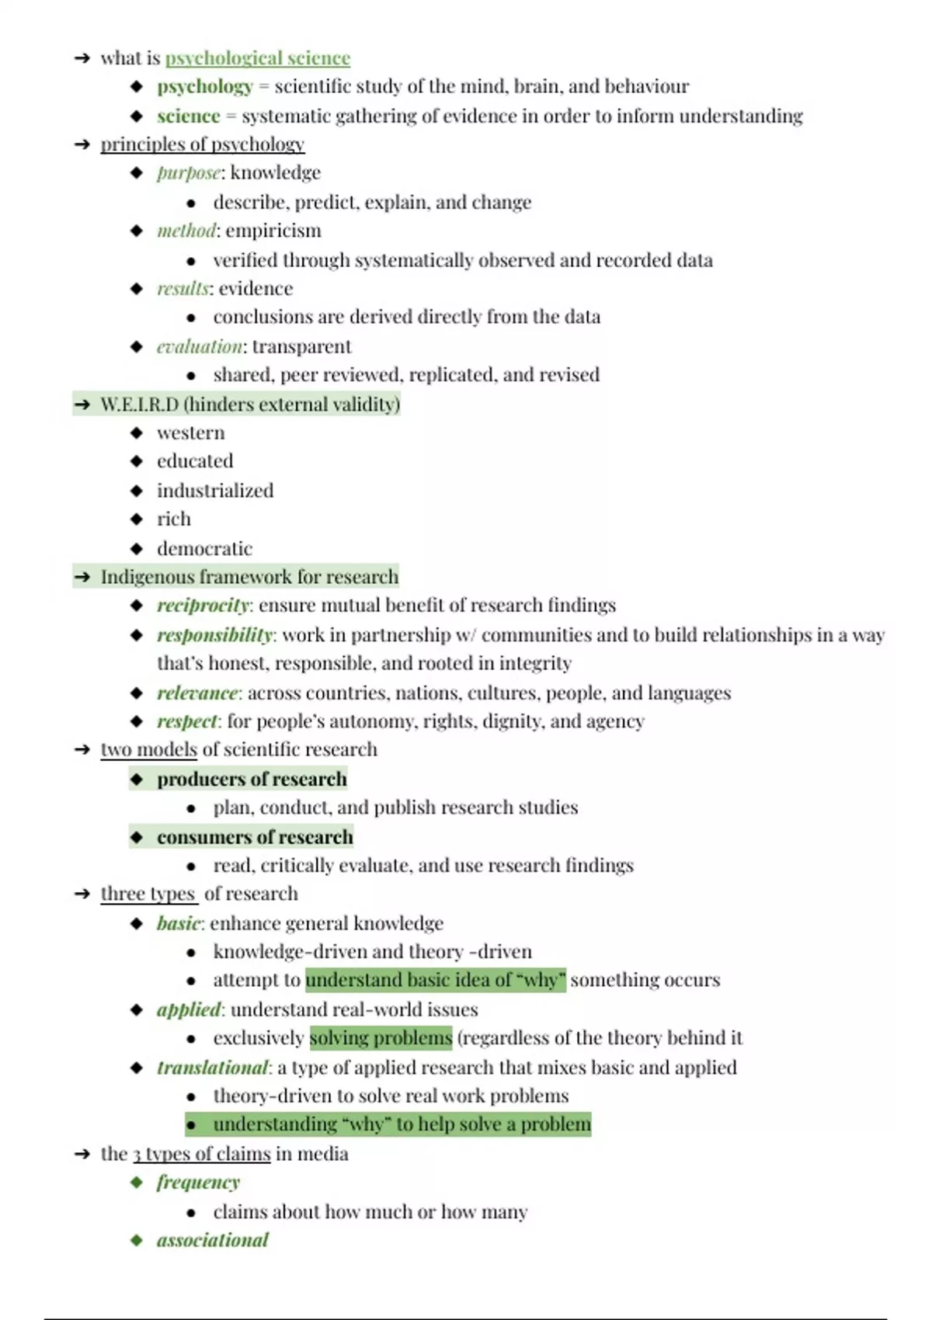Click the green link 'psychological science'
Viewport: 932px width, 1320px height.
tap(257, 58)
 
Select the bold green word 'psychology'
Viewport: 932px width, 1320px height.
tap(205, 86)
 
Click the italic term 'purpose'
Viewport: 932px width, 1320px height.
tap(189, 172)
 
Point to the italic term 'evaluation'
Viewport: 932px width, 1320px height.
tap(199, 346)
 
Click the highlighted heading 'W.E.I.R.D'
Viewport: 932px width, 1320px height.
tap(139, 405)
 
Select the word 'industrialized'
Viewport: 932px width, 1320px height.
tap(215, 491)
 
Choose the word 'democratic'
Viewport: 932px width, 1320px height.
tap(204, 549)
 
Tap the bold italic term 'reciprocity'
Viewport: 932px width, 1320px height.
tap(203, 606)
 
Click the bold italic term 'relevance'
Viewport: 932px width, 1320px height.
tap(197, 693)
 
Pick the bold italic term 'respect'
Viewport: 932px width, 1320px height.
tap(187, 721)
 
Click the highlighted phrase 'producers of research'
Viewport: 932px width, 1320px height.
tap(252, 779)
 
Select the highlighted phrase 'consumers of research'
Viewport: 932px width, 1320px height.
tap(255, 837)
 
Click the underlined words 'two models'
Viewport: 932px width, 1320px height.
tap(148, 749)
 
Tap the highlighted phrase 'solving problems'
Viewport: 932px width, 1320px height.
tap(381, 1038)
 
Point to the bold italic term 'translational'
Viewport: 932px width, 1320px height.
tap(212, 1068)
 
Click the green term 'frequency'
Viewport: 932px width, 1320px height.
tap(198, 1183)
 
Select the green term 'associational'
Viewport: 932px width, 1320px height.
tap(212, 1240)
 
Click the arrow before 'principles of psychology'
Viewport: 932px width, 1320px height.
tap(82, 144)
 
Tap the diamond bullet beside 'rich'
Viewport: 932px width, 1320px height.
tap(137, 519)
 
